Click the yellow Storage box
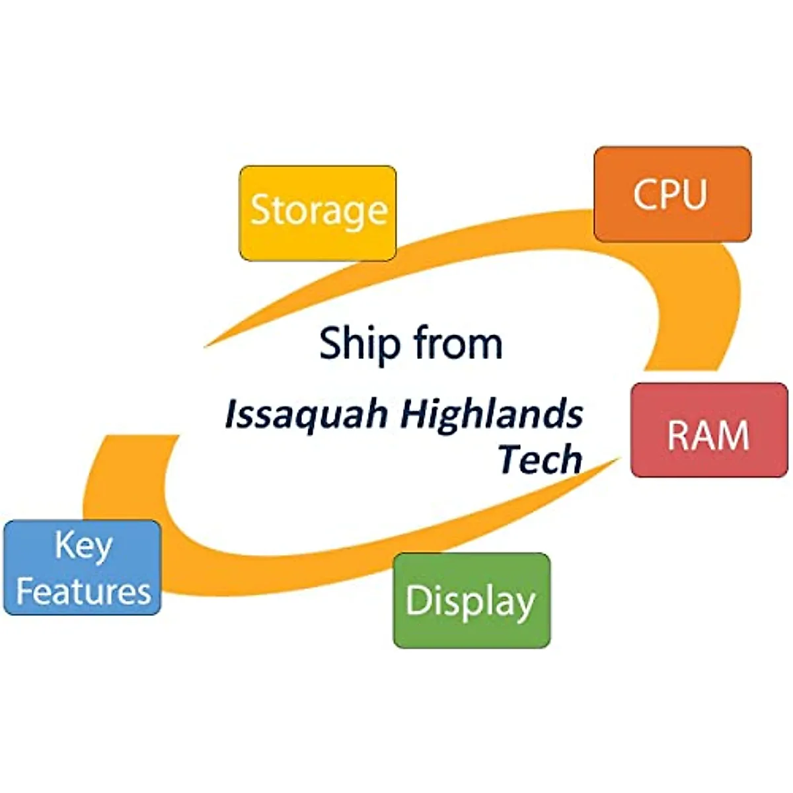(x=318, y=213)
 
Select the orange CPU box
(x=672, y=194)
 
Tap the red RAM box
(x=709, y=430)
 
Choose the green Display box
(x=471, y=600)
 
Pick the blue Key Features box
(x=83, y=568)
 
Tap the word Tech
(x=540, y=459)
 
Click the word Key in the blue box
(x=83, y=546)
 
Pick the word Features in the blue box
(x=83, y=590)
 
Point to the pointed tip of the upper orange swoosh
(x=206, y=345)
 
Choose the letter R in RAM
(x=678, y=435)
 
